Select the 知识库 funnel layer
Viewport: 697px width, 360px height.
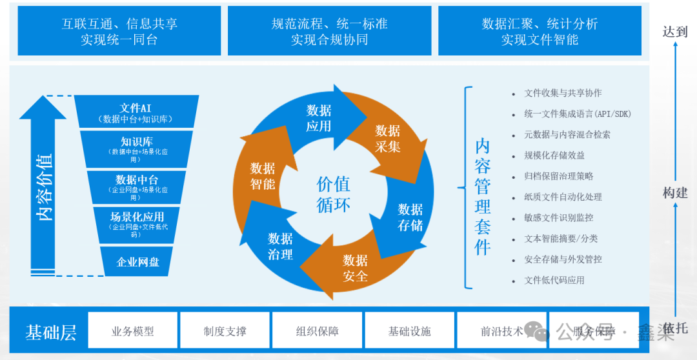click(x=137, y=148)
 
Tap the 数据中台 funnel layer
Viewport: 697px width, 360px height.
click(x=137, y=186)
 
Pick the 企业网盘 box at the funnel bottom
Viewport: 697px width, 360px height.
click(x=137, y=261)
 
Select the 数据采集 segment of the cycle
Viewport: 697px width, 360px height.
click(x=387, y=138)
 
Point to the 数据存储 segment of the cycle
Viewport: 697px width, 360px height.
click(x=410, y=217)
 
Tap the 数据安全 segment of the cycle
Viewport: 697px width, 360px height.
click(x=355, y=268)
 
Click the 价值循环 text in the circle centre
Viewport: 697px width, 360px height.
click(x=334, y=194)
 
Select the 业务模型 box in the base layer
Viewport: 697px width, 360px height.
click(x=132, y=331)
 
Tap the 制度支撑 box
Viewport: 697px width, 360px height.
click(x=225, y=331)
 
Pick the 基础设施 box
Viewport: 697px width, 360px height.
click(x=409, y=331)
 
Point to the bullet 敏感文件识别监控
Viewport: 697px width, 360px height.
click(x=558, y=218)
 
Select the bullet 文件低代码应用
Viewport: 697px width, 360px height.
click(x=554, y=280)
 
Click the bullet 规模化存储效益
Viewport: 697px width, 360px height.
click(x=554, y=155)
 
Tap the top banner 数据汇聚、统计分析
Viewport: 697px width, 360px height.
click(x=540, y=31)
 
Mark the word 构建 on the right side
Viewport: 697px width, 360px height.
click(x=675, y=193)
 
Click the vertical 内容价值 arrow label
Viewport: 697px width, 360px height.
click(x=45, y=187)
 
